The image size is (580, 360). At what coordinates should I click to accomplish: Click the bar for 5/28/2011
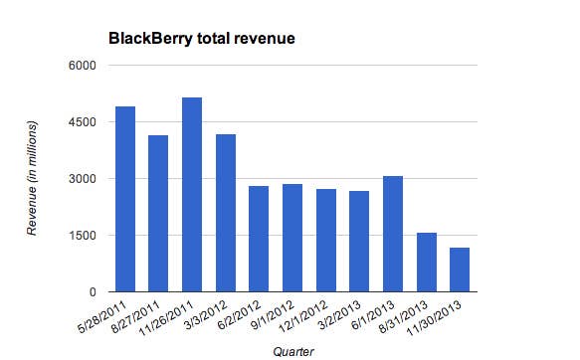tap(125, 199)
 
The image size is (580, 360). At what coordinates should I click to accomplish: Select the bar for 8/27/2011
tap(158, 213)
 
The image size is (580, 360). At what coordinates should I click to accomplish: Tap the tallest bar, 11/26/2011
tap(192, 195)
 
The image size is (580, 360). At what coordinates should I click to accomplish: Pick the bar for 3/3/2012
tap(226, 213)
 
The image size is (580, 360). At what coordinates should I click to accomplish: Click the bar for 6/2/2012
tap(259, 239)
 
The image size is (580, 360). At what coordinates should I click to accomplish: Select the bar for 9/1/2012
tap(292, 238)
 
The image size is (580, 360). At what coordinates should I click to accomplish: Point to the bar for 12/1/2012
tap(326, 240)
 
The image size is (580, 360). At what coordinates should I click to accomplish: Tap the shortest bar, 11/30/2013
tap(460, 270)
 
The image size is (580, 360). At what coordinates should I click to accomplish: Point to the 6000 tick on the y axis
tap(81, 66)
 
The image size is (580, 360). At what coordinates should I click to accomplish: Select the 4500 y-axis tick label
tap(81, 122)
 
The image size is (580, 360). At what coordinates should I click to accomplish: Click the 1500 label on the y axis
tap(81, 236)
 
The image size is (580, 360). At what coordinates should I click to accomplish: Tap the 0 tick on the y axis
tap(91, 292)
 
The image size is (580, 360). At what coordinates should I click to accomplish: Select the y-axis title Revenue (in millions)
tap(33, 179)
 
